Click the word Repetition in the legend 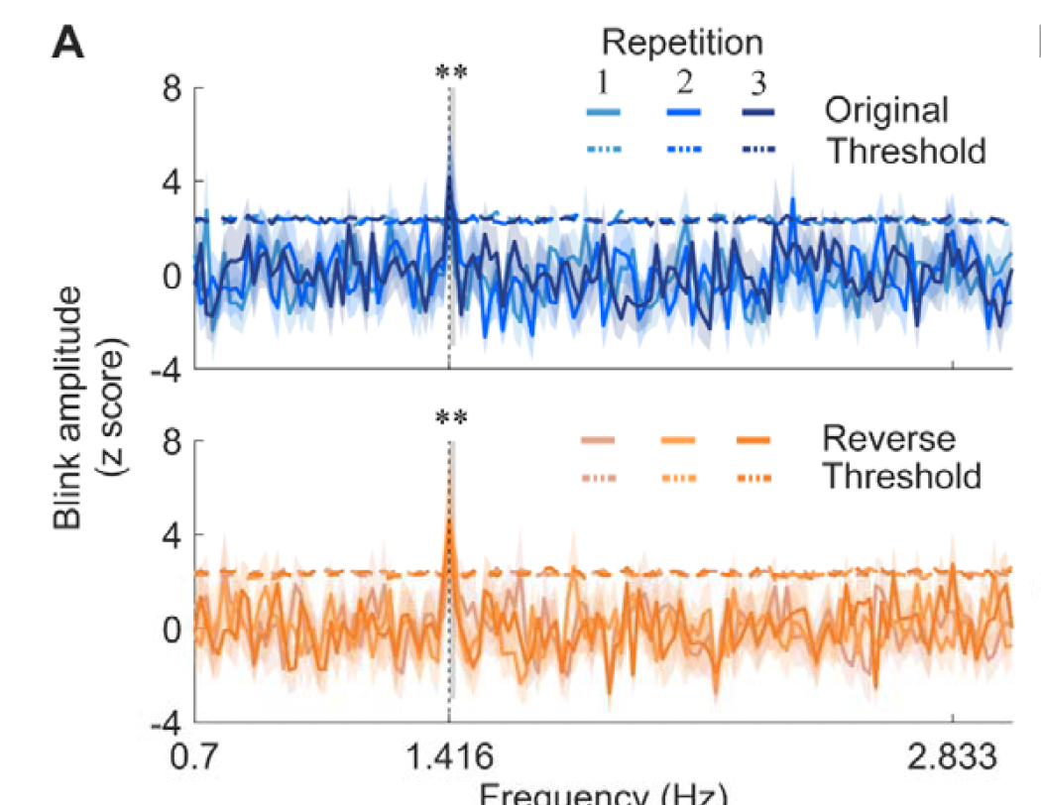pyautogui.click(x=683, y=43)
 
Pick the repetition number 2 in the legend pyautogui.click(x=682, y=79)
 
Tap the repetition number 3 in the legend pyautogui.click(x=757, y=79)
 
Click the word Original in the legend pyautogui.click(x=887, y=110)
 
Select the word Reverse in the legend pyautogui.click(x=888, y=438)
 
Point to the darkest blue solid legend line pyautogui.click(x=757, y=111)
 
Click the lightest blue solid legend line pyautogui.click(x=603, y=111)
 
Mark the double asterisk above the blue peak pyautogui.click(x=451, y=73)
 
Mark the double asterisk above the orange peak pyautogui.click(x=451, y=417)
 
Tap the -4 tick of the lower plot pyautogui.click(x=167, y=722)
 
